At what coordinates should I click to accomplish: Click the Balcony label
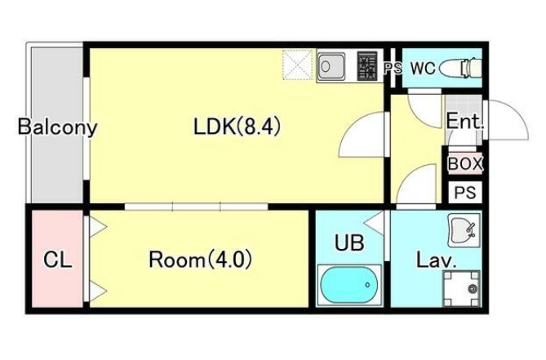click(58, 127)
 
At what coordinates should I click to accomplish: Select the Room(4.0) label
click(200, 260)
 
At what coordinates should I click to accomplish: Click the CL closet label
click(58, 261)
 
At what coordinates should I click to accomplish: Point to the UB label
click(349, 242)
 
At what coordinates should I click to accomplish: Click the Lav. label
click(436, 261)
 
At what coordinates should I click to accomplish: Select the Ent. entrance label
click(465, 123)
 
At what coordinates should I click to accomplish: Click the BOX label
click(465, 163)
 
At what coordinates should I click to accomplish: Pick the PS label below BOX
click(465, 193)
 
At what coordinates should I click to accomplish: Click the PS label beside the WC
click(392, 69)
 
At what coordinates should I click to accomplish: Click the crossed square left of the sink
click(298, 65)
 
